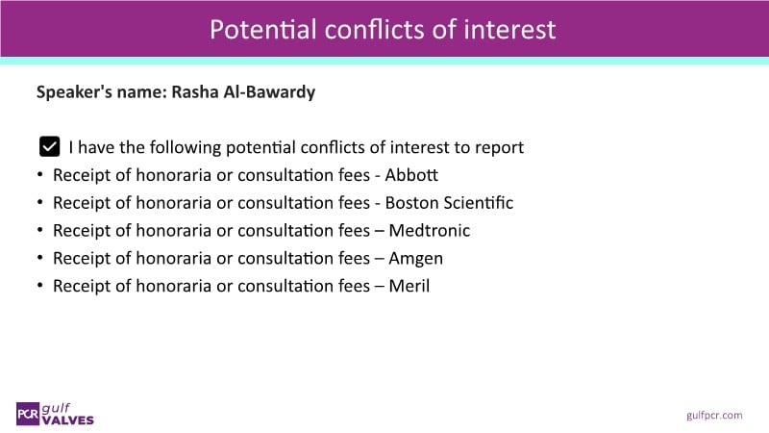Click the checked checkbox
pos(50,146)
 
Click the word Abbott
pos(411,175)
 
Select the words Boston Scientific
pos(449,203)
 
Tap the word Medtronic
pos(429,230)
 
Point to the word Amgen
pos(416,259)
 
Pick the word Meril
pos(409,286)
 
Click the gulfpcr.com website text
pos(714,416)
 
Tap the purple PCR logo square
pos(28,414)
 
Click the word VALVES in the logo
pos(67,420)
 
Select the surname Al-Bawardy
pos(269,92)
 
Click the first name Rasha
pos(195,91)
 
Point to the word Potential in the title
pos(262,29)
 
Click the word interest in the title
pos(509,29)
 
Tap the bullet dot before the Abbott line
pos(40,174)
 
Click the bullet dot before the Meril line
pos(40,285)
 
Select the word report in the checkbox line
pos(499,148)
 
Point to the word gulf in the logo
pos(56,408)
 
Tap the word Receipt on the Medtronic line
pos(82,230)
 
